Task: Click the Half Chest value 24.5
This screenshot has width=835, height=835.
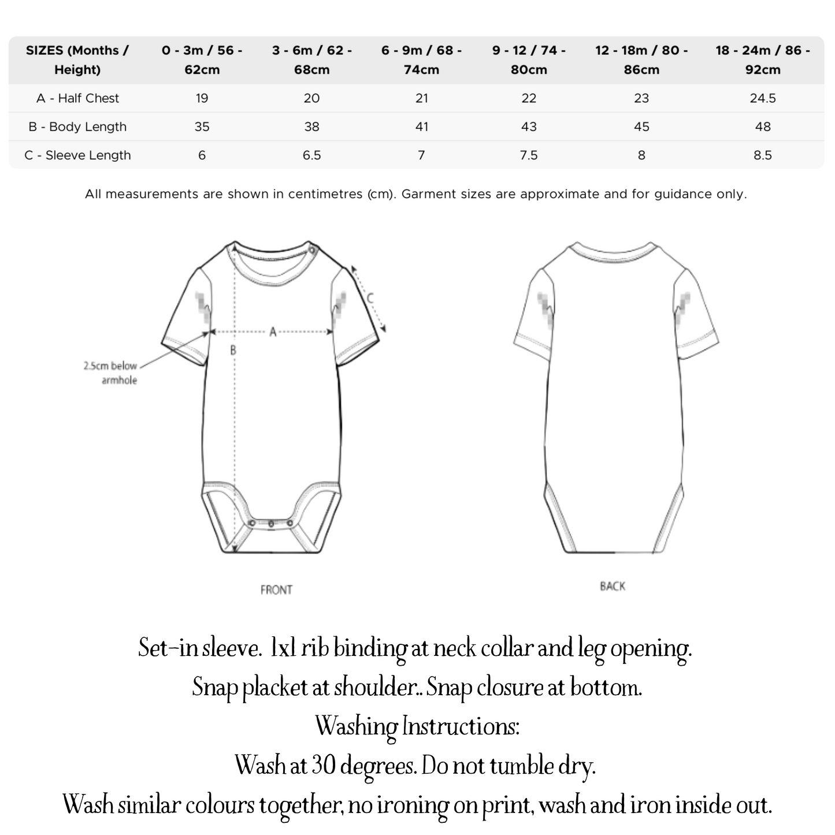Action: (x=762, y=98)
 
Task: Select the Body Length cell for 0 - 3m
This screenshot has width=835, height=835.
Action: (x=202, y=127)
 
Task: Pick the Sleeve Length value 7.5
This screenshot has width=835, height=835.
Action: (x=528, y=155)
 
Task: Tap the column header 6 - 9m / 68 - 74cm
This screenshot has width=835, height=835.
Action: (x=421, y=60)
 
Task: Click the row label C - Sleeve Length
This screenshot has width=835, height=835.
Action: (x=77, y=155)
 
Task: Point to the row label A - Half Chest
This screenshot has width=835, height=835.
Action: (x=77, y=98)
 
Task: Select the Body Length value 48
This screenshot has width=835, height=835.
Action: (x=762, y=127)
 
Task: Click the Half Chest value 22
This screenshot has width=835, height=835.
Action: (x=528, y=98)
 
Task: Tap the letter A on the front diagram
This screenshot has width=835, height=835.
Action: (x=273, y=332)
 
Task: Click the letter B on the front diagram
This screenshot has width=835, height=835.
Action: (x=233, y=350)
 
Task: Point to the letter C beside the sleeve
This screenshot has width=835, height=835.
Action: (x=370, y=298)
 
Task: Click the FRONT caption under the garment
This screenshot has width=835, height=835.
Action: (x=276, y=590)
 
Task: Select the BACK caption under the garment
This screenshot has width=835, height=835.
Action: (x=613, y=587)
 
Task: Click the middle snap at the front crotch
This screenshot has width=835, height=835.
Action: (x=271, y=524)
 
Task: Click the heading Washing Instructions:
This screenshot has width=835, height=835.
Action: (x=417, y=726)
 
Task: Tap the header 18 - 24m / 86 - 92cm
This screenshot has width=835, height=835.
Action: (x=762, y=60)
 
